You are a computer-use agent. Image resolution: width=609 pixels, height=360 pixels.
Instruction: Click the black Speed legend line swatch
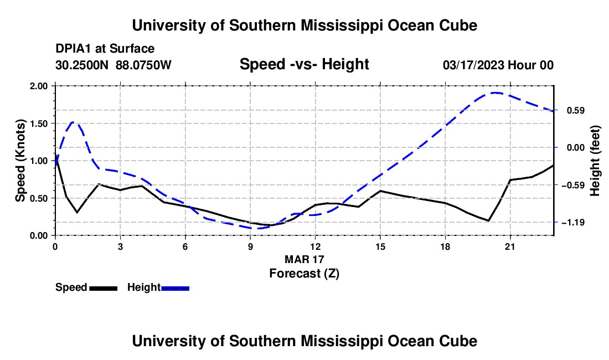[104, 288]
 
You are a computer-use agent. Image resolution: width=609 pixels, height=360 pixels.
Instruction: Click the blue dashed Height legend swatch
[175, 288]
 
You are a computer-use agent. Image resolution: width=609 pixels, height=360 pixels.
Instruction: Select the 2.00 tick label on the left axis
[39, 86]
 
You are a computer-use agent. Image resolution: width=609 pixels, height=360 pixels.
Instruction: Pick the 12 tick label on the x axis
[316, 246]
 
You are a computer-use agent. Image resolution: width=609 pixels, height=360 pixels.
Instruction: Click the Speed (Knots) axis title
[20, 161]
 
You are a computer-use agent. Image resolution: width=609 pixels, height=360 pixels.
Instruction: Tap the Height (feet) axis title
[595, 161]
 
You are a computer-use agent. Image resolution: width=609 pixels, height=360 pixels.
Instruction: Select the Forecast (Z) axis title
[304, 274]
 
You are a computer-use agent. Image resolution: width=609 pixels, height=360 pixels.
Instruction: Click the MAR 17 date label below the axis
[304, 259]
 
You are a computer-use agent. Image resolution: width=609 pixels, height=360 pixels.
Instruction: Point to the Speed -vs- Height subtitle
[304, 64]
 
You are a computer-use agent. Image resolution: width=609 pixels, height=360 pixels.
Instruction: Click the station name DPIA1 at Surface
[105, 49]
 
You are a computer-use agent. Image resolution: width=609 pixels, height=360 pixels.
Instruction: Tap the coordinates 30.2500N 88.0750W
[113, 65]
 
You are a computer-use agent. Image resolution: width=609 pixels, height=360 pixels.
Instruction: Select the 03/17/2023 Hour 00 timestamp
[498, 65]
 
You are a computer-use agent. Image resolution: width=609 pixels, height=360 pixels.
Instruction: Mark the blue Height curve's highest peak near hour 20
[496, 93]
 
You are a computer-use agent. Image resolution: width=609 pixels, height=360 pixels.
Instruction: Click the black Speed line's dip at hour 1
[78, 213]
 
